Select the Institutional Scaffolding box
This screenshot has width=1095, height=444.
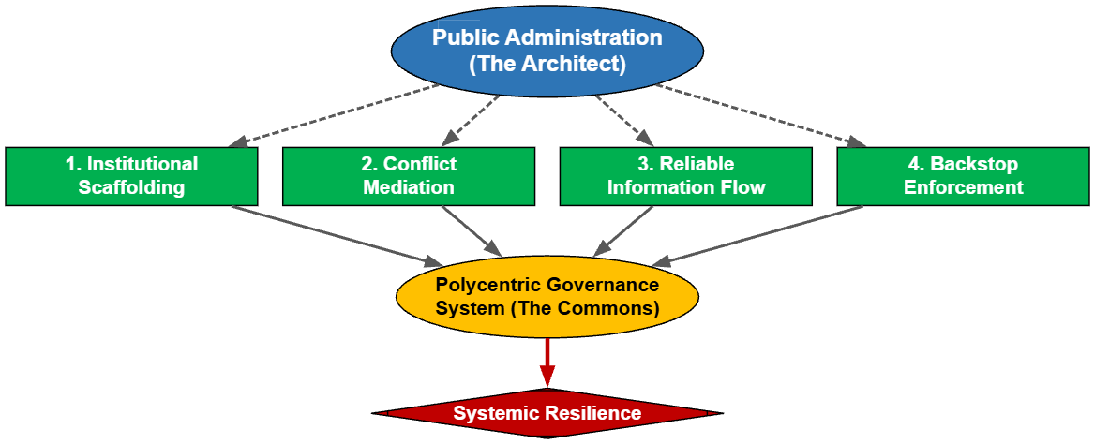click(x=131, y=175)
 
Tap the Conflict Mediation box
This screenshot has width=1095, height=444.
click(x=409, y=175)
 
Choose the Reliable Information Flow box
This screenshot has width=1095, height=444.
click(x=686, y=175)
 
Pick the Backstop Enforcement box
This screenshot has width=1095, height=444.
click(x=964, y=175)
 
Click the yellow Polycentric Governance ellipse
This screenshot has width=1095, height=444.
click(x=547, y=295)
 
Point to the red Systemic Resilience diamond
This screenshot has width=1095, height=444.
click(x=547, y=413)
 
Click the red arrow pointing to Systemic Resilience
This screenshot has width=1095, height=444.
click(x=547, y=362)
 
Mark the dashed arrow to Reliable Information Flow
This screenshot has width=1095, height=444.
click(x=619, y=117)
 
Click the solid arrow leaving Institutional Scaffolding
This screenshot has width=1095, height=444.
click(x=337, y=234)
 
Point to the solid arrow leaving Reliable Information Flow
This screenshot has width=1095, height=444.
click(x=622, y=230)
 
